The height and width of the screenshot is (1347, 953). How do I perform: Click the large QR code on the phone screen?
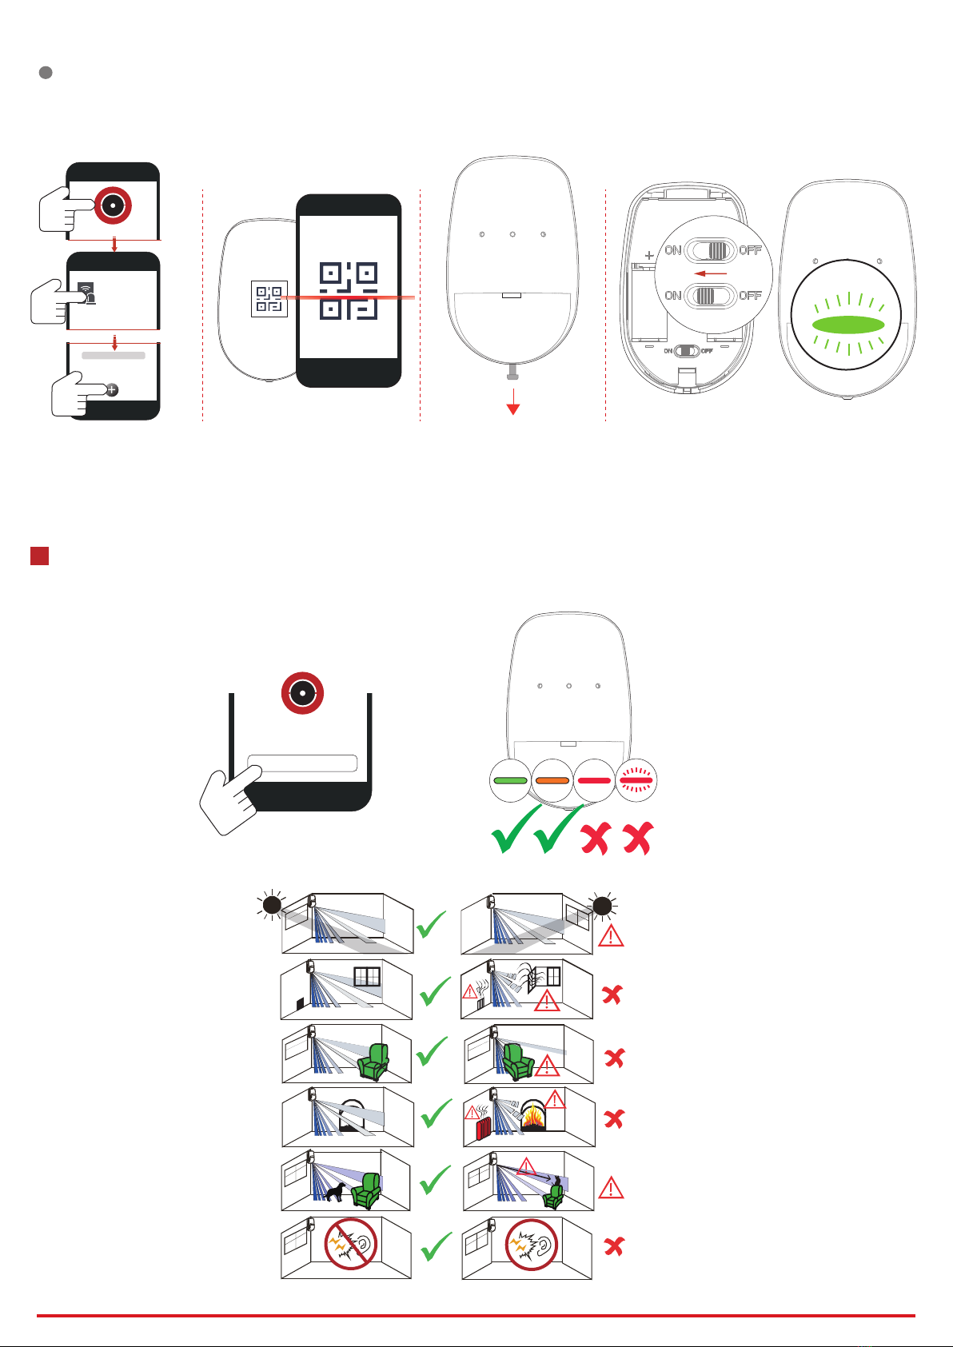pos(349,291)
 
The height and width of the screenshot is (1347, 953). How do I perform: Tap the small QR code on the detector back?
pos(269,298)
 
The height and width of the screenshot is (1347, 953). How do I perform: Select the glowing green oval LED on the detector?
pos(847,325)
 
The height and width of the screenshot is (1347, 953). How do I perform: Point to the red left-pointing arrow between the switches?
pos(711,273)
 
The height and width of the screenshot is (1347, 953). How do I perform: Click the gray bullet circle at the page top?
pos(46,73)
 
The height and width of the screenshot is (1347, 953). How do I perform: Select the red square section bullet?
pos(39,556)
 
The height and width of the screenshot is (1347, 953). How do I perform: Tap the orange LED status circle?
pos(552,780)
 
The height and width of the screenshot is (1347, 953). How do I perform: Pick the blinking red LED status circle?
pos(636,780)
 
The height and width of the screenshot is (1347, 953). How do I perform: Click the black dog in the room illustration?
pos(334,1191)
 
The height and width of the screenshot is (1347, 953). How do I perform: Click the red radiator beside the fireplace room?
pos(483,1128)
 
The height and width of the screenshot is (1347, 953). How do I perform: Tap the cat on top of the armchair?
pos(556,1181)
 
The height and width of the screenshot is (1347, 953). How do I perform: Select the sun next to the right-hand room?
pos(602,905)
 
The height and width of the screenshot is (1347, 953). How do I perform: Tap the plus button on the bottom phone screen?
pos(112,389)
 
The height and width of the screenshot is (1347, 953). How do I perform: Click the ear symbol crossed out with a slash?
pos(352,1245)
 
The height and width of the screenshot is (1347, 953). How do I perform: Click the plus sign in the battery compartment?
pos(649,257)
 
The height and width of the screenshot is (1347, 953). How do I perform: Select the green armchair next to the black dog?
pos(368,1190)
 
